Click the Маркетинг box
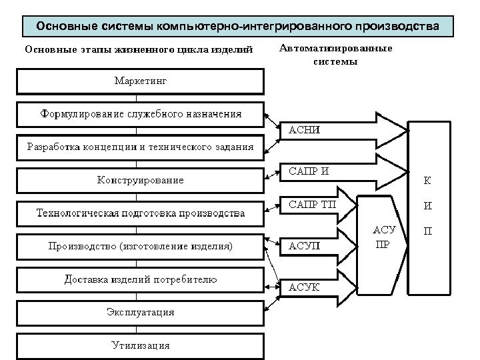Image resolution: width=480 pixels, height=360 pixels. pos(140,81)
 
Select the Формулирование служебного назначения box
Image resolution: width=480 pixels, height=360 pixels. pos(140,114)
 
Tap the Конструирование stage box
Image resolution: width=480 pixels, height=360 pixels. pos(140,179)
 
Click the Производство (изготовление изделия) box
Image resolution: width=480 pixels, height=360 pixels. pos(140,245)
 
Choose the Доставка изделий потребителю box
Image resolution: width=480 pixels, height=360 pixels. pos(140,279)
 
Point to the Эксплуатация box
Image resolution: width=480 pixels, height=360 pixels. pos(140,312)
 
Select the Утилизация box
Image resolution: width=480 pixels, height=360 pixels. pos(140,345)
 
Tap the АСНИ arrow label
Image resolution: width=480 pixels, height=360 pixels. pos(304,130)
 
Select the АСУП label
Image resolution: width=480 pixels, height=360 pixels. pos(304,246)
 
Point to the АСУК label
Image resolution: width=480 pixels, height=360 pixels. pos(304,287)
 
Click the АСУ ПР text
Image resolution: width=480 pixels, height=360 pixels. pos(384,236)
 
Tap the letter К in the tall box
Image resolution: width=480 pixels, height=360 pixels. pos(427,180)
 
